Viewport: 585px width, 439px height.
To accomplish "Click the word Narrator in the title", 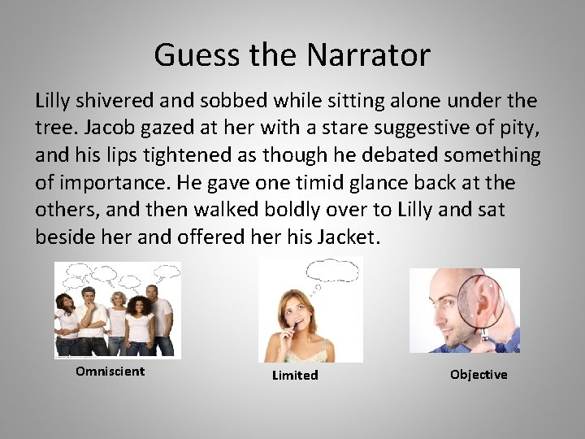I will [x=368, y=55].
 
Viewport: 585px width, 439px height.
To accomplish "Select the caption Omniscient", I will [x=110, y=372].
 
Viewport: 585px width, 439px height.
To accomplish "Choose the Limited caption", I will [x=295, y=375].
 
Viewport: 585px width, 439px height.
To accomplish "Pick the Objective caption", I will [x=479, y=375].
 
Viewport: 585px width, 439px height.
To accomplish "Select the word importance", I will [x=111, y=183].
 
